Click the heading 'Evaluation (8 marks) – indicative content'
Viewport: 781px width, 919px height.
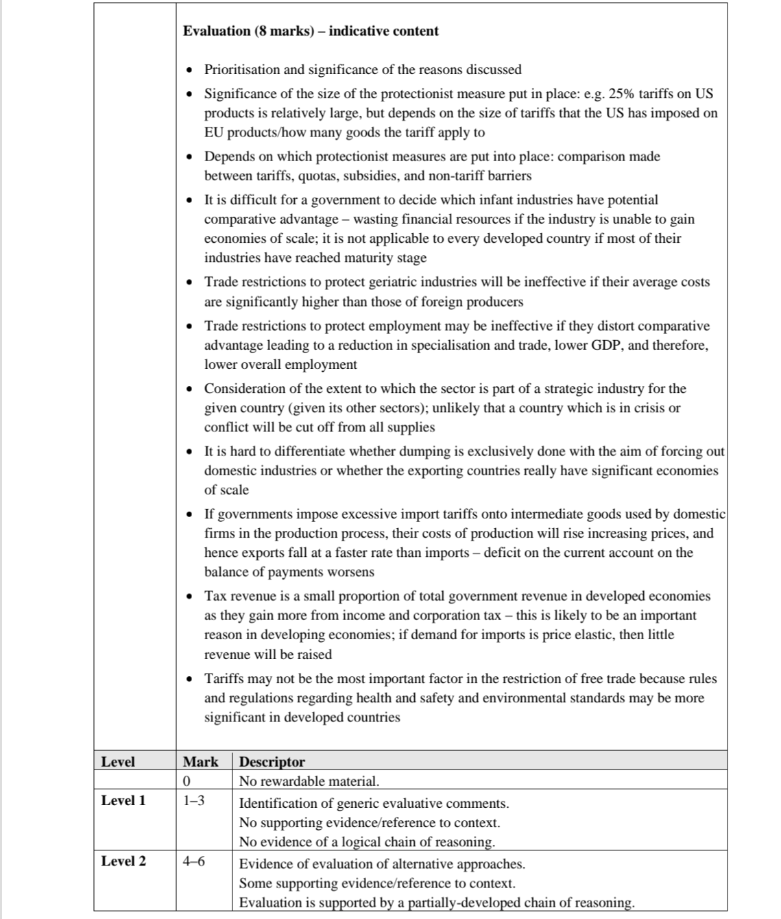(x=311, y=31)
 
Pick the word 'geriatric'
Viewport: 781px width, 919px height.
(x=394, y=282)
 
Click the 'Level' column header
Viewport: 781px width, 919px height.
(x=118, y=761)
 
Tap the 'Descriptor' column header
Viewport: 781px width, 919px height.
(x=272, y=761)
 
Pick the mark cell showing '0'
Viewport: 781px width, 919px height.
(x=187, y=780)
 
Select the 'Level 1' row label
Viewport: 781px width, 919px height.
(x=123, y=800)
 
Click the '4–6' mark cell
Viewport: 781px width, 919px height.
(x=194, y=861)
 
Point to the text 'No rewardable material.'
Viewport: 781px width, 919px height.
(x=309, y=780)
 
